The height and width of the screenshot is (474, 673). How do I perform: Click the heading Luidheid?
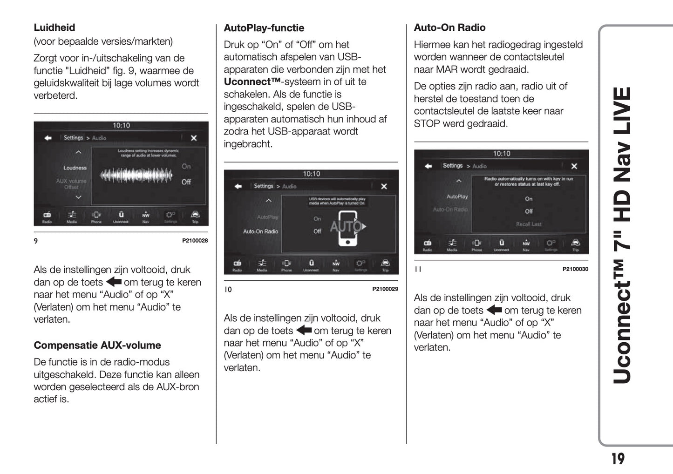tap(54, 27)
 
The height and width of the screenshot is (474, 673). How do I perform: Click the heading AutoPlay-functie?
tap(264, 28)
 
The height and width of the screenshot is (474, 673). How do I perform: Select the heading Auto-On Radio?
tap(449, 27)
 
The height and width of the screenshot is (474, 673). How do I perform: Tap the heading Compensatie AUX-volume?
tap(97, 345)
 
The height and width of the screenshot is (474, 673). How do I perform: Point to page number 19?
tap(618, 459)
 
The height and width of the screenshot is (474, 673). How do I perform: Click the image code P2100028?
tap(195, 241)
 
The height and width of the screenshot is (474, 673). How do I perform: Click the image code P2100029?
tap(385, 289)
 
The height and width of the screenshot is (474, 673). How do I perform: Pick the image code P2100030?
tap(575, 269)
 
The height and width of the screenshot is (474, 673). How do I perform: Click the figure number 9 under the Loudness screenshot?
tap(36, 241)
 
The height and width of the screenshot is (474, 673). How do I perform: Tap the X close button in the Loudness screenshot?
tap(194, 138)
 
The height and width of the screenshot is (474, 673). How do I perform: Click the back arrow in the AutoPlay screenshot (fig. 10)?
tap(238, 186)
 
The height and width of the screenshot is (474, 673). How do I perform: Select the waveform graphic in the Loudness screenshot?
tap(136, 175)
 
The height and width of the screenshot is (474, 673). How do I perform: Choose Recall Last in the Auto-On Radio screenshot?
tap(529, 224)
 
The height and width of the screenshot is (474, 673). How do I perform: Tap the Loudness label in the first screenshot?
tap(75, 168)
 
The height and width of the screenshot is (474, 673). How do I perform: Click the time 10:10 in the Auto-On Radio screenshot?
tap(502, 154)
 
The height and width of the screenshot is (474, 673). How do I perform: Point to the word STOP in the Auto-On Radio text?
tap(427, 123)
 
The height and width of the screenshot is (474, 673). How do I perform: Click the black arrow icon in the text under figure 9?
tap(114, 282)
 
